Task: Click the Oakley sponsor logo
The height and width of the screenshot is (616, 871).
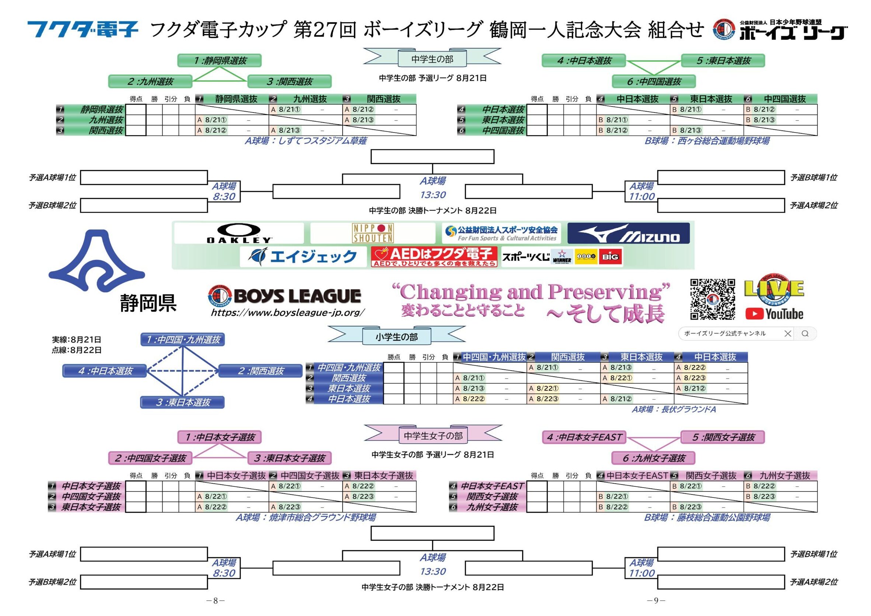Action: pos(239,233)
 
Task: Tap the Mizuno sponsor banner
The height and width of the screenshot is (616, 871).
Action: pos(629,233)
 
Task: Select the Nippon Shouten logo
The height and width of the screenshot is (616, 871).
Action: pos(373,233)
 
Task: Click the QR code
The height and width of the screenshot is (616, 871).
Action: pos(712,299)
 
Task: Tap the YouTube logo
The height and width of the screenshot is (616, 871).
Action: pos(774,314)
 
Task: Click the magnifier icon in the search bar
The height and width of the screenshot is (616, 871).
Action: pos(805,334)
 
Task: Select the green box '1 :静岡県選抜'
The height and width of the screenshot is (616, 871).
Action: pos(219,61)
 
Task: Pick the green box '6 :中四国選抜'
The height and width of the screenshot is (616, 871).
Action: pos(654,81)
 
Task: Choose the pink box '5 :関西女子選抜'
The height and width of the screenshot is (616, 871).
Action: pos(723,437)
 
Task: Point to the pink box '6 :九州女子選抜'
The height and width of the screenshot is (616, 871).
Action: pos(653,458)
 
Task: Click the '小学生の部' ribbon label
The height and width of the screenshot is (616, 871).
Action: pos(396,337)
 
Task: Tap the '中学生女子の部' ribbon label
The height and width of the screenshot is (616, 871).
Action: pos(433,436)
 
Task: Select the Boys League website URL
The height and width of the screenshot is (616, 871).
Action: pos(288,313)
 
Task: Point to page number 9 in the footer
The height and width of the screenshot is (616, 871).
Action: pos(656,601)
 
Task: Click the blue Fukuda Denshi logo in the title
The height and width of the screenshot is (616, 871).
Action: pos(83,29)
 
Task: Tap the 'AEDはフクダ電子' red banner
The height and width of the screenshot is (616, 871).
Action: pos(434,257)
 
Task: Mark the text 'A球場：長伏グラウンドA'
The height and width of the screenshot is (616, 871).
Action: pos(674,410)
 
